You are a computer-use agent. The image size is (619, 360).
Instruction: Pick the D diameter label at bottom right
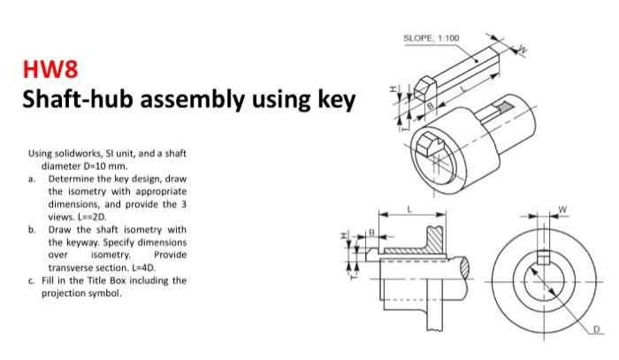tap(593, 330)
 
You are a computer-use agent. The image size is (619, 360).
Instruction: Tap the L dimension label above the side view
tap(410, 208)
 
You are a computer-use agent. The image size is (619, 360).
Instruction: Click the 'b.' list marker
tap(32, 229)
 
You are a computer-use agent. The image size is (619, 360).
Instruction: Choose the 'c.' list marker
tap(32, 280)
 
